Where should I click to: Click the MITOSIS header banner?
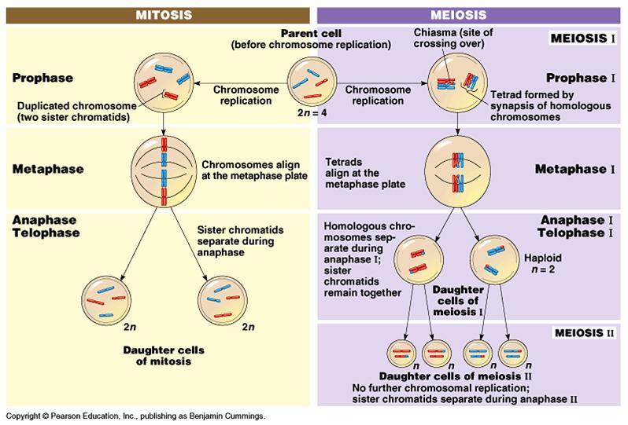(157, 14)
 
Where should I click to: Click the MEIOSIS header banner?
(471, 14)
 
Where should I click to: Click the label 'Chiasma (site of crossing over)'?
(448, 37)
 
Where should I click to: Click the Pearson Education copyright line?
(135, 415)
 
